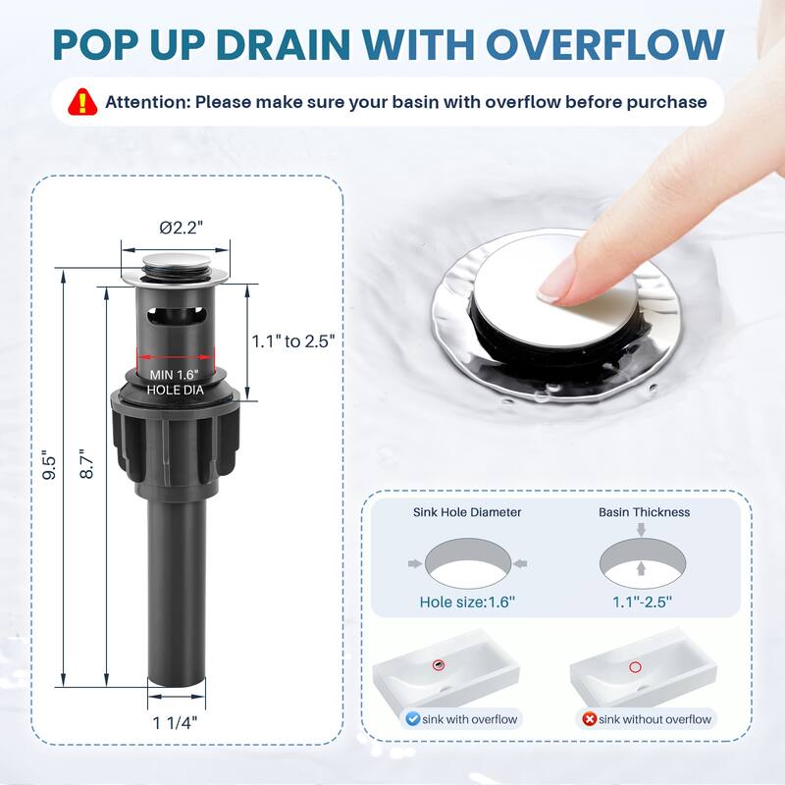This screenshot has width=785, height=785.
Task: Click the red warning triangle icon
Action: click(x=82, y=103)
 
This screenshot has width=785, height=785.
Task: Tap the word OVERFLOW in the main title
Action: click(x=605, y=45)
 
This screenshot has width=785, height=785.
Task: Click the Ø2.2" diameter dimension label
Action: click(x=182, y=228)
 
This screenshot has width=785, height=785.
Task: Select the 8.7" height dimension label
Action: click(x=86, y=463)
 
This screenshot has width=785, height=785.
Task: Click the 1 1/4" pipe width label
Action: click(x=176, y=722)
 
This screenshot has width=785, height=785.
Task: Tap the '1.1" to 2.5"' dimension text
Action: click(x=292, y=341)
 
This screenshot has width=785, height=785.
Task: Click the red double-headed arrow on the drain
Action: click(x=176, y=357)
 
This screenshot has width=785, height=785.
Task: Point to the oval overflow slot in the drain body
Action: click(x=176, y=316)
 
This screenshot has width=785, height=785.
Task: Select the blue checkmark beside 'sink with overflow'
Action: click(x=412, y=719)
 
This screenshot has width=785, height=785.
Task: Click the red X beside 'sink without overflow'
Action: click(x=590, y=719)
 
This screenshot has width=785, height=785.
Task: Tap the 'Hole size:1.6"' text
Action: click(x=467, y=602)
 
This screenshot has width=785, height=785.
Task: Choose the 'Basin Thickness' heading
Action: click(x=645, y=512)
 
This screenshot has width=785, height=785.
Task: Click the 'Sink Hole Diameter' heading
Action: click(x=467, y=512)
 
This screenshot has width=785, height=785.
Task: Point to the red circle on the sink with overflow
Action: click(x=439, y=665)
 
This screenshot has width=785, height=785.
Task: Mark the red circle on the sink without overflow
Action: click(x=635, y=667)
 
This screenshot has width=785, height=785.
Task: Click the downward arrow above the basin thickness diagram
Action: click(x=642, y=529)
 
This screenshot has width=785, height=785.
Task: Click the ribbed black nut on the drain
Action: click(x=176, y=436)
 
